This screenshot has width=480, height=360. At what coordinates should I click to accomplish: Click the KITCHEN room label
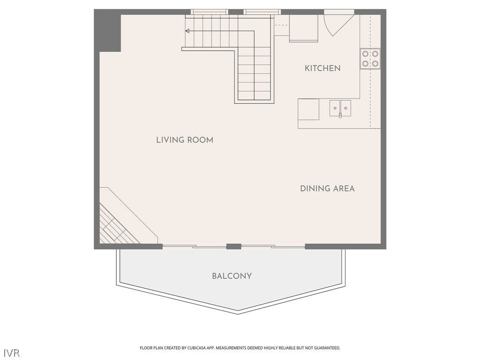coord(322,68)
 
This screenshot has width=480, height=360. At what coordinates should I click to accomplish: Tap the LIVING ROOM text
coord(184,140)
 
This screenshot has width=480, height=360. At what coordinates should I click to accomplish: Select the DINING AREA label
coord(327,188)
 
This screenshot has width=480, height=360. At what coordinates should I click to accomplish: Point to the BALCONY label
coord(232,276)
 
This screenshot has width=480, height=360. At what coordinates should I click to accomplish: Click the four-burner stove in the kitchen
coord(370,59)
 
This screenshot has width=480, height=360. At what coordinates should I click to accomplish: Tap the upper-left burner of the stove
coord(365,54)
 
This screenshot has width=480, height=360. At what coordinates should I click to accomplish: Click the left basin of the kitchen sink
coord(335,107)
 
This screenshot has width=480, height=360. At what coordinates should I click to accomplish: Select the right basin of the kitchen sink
coord(345,107)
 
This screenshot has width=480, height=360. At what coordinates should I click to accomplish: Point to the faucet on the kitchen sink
coord(340,115)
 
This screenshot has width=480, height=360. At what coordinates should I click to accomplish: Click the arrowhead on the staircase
coord(187,31)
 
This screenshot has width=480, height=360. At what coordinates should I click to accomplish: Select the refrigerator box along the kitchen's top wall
coord(303,28)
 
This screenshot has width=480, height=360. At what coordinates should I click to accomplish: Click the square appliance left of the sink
coord(308,109)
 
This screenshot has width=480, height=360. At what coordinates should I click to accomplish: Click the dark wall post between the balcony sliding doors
coord(233,246)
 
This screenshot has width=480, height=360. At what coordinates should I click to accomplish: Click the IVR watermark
coord(12,352)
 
